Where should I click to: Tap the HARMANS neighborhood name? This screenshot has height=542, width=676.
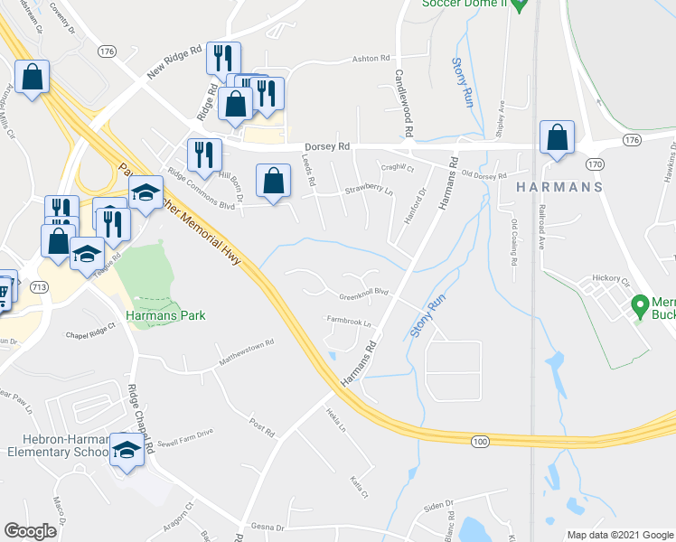(560, 187)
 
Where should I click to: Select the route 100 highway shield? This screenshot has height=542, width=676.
(479, 440)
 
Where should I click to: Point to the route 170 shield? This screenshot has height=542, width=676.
(594, 164)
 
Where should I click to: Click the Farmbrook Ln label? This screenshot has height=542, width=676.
(349, 321)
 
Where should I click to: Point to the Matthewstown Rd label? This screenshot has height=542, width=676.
(245, 353)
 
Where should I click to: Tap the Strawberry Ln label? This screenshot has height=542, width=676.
(369, 191)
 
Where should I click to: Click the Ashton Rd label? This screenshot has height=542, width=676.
(370, 58)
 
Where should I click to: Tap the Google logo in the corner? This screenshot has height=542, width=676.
(30, 530)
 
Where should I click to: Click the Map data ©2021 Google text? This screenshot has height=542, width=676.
(619, 535)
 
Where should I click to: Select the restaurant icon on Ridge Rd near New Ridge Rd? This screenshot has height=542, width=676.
(222, 59)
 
